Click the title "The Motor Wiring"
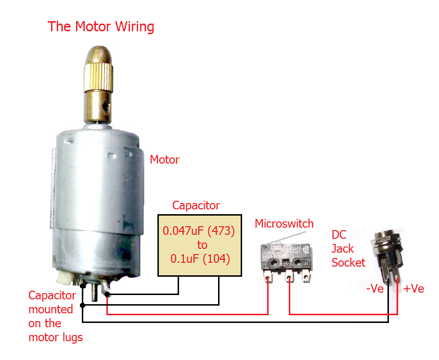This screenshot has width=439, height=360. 101,26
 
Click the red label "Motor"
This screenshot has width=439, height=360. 165,159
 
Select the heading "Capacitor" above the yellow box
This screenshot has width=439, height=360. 196,206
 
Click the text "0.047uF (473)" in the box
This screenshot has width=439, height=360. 199,231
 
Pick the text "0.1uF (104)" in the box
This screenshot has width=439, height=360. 200,258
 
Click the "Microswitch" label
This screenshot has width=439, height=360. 284,223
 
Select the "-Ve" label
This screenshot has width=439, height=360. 375,289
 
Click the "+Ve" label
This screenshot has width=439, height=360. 413,289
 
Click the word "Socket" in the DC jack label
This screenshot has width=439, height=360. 348,262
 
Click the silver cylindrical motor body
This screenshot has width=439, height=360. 96,193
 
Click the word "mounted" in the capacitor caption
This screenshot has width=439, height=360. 51,309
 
